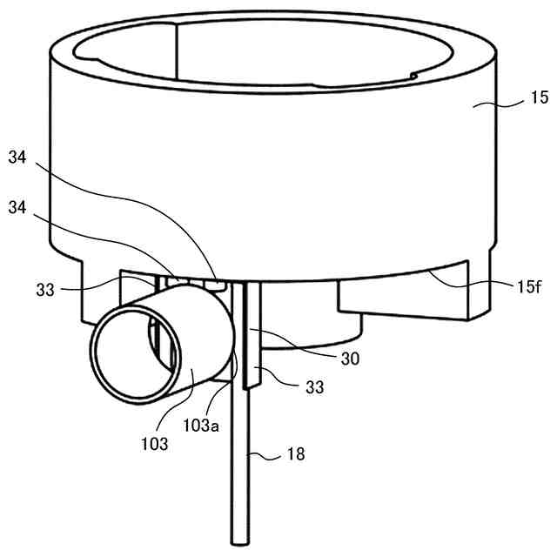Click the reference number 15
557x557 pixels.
coord(540,97)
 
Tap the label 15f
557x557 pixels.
coord(529,286)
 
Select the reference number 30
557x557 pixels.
coord(350,359)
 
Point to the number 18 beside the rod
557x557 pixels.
coord(296,453)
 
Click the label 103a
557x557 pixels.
coord(201,425)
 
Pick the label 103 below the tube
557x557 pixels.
coord(155,444)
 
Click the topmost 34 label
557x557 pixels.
coord(17,157)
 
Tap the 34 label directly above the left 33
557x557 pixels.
coord(17,207)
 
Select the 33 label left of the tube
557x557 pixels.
coord(45,290)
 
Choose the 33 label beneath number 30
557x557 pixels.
coord(315,387)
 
